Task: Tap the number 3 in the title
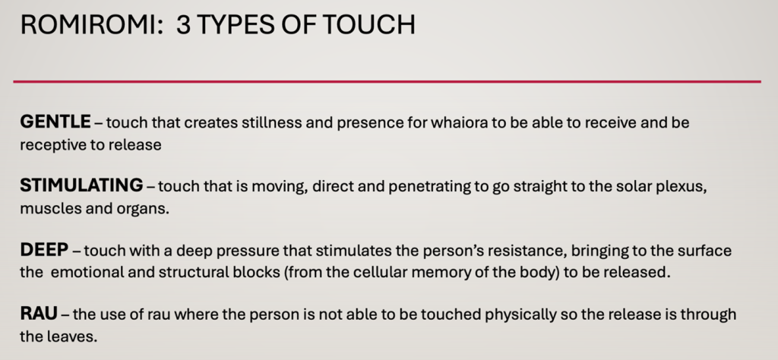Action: (x=182, y=25)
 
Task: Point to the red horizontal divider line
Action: (x=387, y=81)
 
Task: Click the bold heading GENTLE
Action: (x=55, y=122)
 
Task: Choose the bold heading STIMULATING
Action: (x=81, y=185)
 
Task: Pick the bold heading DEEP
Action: (x=43, y=250)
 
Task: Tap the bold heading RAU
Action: (x=39, y=314)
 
